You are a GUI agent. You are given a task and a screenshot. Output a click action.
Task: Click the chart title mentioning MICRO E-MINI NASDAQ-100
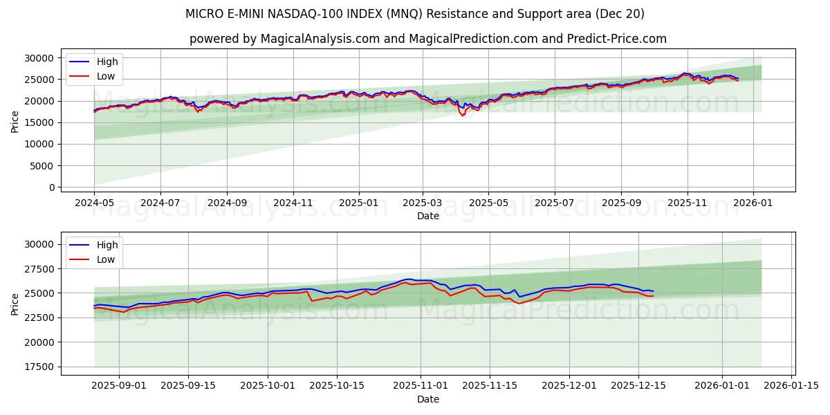tap(414, 14)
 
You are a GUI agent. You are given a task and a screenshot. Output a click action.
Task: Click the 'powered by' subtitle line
tap(428, 39)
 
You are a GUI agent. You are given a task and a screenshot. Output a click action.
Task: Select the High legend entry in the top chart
tap(107, 62)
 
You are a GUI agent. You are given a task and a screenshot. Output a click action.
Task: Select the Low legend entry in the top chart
tap(106, 76)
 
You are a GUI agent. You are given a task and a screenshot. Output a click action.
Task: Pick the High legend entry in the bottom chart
tap(107, 245)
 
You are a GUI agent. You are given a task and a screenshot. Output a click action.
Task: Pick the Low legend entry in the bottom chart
tap(106, 259)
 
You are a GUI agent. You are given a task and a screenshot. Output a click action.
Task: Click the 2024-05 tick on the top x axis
tap(94, 203)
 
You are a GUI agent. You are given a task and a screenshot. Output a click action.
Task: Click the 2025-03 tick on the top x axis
tap(423, 203)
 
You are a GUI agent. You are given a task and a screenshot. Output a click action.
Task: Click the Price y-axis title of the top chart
tap(15, 122)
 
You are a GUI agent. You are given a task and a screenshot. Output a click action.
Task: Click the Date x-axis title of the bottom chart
tap(428, 399)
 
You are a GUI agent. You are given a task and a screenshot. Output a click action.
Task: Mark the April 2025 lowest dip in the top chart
tap(463, 116)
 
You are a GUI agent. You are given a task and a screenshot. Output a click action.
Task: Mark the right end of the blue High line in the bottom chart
tap(653, 291)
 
